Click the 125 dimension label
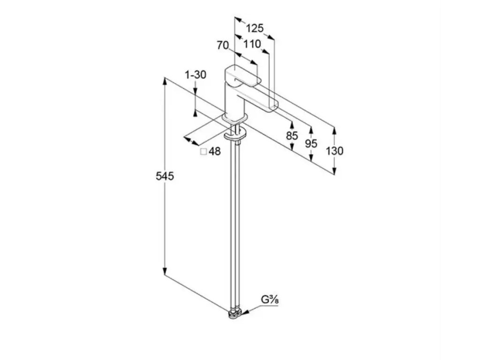[255, 28]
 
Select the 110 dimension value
[252, 44]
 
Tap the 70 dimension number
[223, 45]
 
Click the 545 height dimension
[165, 176]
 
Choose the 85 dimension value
[292, 135]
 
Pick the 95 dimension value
[311, 143]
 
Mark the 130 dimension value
[334, 150]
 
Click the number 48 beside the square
[215, 151]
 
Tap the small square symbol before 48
[203, 151]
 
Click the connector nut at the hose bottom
[235, 314]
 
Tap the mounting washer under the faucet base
[235, 135]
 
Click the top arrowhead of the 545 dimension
[165, 81]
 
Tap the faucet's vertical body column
[233, 101]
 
